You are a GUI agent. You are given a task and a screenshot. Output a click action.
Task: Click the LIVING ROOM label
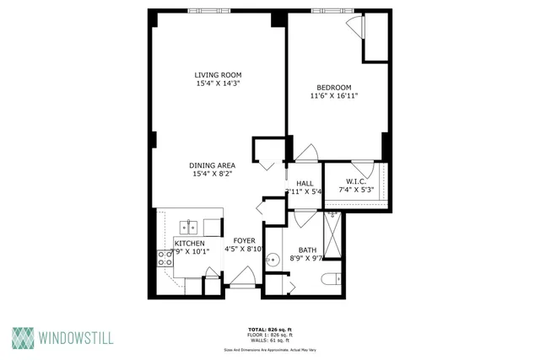[219, 75]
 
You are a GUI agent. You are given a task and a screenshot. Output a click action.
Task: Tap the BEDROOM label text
[333, 87]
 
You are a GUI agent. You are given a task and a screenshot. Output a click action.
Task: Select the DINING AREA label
[213, 165]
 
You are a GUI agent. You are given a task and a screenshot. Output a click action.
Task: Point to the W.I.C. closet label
[355, 182]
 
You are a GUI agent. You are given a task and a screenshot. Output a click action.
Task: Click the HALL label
[305, 182]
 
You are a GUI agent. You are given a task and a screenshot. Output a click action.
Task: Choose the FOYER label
[245, 240]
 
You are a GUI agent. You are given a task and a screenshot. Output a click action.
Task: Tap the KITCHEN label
[189, 243]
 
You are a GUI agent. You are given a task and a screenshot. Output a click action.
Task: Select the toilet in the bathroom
[332, 278]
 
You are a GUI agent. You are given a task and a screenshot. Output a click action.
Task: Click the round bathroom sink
[273, 261]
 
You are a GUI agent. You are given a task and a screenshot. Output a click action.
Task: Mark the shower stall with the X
[332, 234]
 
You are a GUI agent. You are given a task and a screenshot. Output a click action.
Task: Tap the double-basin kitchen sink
[188, 226]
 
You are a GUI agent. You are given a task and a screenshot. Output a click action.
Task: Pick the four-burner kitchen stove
[164, 258]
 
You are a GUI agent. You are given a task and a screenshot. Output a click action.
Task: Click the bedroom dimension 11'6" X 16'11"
[333, 96]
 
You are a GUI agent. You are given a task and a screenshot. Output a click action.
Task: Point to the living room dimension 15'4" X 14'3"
[219, 84]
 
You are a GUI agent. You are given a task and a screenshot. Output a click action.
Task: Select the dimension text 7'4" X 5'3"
[355, 191]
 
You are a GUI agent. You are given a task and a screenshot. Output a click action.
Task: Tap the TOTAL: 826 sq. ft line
[270, 328]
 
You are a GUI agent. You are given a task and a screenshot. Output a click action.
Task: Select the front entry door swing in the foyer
[245, 277]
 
